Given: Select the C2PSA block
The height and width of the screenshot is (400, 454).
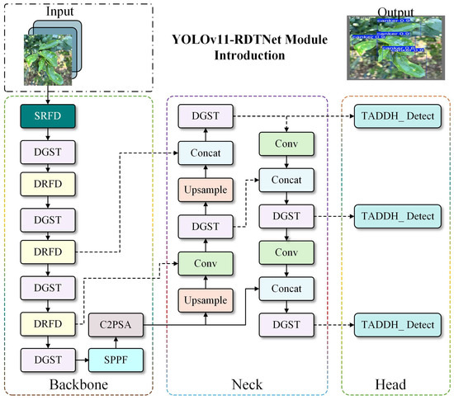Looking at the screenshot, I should pos(116,326).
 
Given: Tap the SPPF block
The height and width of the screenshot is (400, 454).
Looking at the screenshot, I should pos(116,360).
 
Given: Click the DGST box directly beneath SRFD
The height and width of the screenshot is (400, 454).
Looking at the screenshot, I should pos(48,152).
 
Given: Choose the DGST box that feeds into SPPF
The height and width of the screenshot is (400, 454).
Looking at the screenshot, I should pos(48,360).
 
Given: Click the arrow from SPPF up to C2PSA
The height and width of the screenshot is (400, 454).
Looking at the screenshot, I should pos(116,343).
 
